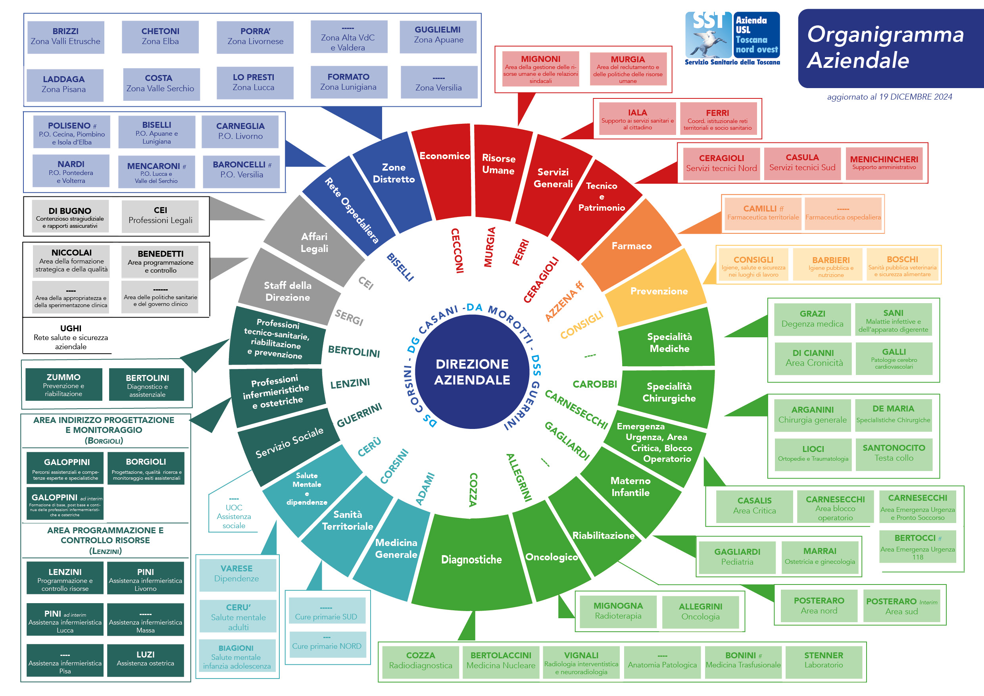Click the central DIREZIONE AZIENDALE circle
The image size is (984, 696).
tap(472, 371)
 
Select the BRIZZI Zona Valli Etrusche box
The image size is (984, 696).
tap(65, 37)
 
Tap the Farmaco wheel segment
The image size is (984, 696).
tap(631, 246)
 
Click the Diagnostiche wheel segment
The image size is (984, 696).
tap(471, 559)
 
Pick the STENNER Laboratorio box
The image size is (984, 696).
tap(823, 660)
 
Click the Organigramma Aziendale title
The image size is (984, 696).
tap(885, 47)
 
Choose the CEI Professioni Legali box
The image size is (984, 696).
tap(160, 215)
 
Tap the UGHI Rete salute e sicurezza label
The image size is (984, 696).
tap(71, 337)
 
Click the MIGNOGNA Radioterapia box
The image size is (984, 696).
tap(618, 611)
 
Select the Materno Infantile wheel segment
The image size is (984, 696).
tap(630, 486)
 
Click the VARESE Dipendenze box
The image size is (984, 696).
tap(236, 573)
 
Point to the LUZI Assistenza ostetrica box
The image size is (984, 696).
tap(145, 659)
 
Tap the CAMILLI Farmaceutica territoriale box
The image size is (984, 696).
tap(763, 213)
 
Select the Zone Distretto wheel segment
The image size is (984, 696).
tap(394, 173)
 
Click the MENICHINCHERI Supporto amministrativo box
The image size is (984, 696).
tap(884, 163)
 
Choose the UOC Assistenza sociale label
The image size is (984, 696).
tap(234, 516)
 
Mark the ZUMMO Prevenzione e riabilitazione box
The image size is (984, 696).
tap(63, 385)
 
